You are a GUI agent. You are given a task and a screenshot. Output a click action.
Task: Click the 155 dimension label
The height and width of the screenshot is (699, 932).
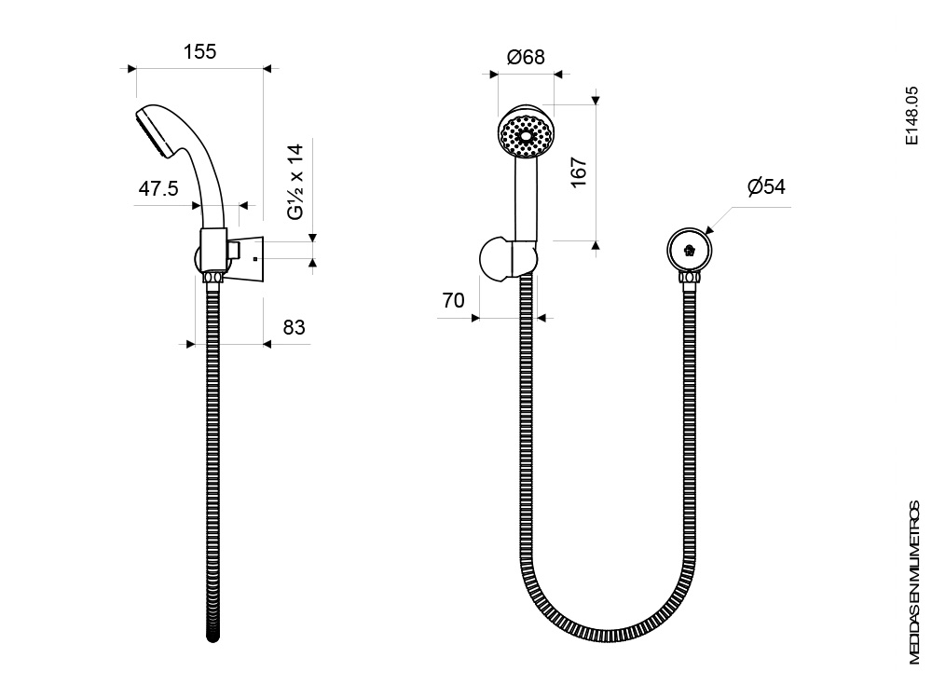[199, 51]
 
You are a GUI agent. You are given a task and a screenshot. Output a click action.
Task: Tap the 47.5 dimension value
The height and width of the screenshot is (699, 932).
[158, 189]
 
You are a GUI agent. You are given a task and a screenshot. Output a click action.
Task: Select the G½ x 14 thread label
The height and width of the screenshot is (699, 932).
[296, 182]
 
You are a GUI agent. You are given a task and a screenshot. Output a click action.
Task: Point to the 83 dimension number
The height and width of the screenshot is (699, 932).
[294, 327]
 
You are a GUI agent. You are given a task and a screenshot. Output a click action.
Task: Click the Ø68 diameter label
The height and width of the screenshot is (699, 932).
[526, 57]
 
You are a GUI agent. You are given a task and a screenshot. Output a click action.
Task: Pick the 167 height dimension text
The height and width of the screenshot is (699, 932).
[579, 172]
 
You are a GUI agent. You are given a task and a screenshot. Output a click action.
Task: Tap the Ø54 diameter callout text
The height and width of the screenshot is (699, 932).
[766, 186]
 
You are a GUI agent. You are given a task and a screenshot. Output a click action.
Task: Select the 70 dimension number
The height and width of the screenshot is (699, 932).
[453, 301]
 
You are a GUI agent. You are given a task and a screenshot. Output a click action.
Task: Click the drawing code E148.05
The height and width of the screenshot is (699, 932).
[911, 116]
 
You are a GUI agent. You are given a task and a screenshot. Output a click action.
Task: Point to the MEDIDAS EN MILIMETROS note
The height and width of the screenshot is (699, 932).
[914, 583]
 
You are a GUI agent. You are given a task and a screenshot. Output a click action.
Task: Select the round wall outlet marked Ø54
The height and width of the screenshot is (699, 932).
[690, 250]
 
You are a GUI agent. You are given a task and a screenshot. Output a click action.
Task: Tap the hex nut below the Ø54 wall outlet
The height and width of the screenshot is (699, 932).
[690, 278]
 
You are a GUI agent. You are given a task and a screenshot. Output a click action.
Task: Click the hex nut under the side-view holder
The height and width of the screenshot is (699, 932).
[212, 278]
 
